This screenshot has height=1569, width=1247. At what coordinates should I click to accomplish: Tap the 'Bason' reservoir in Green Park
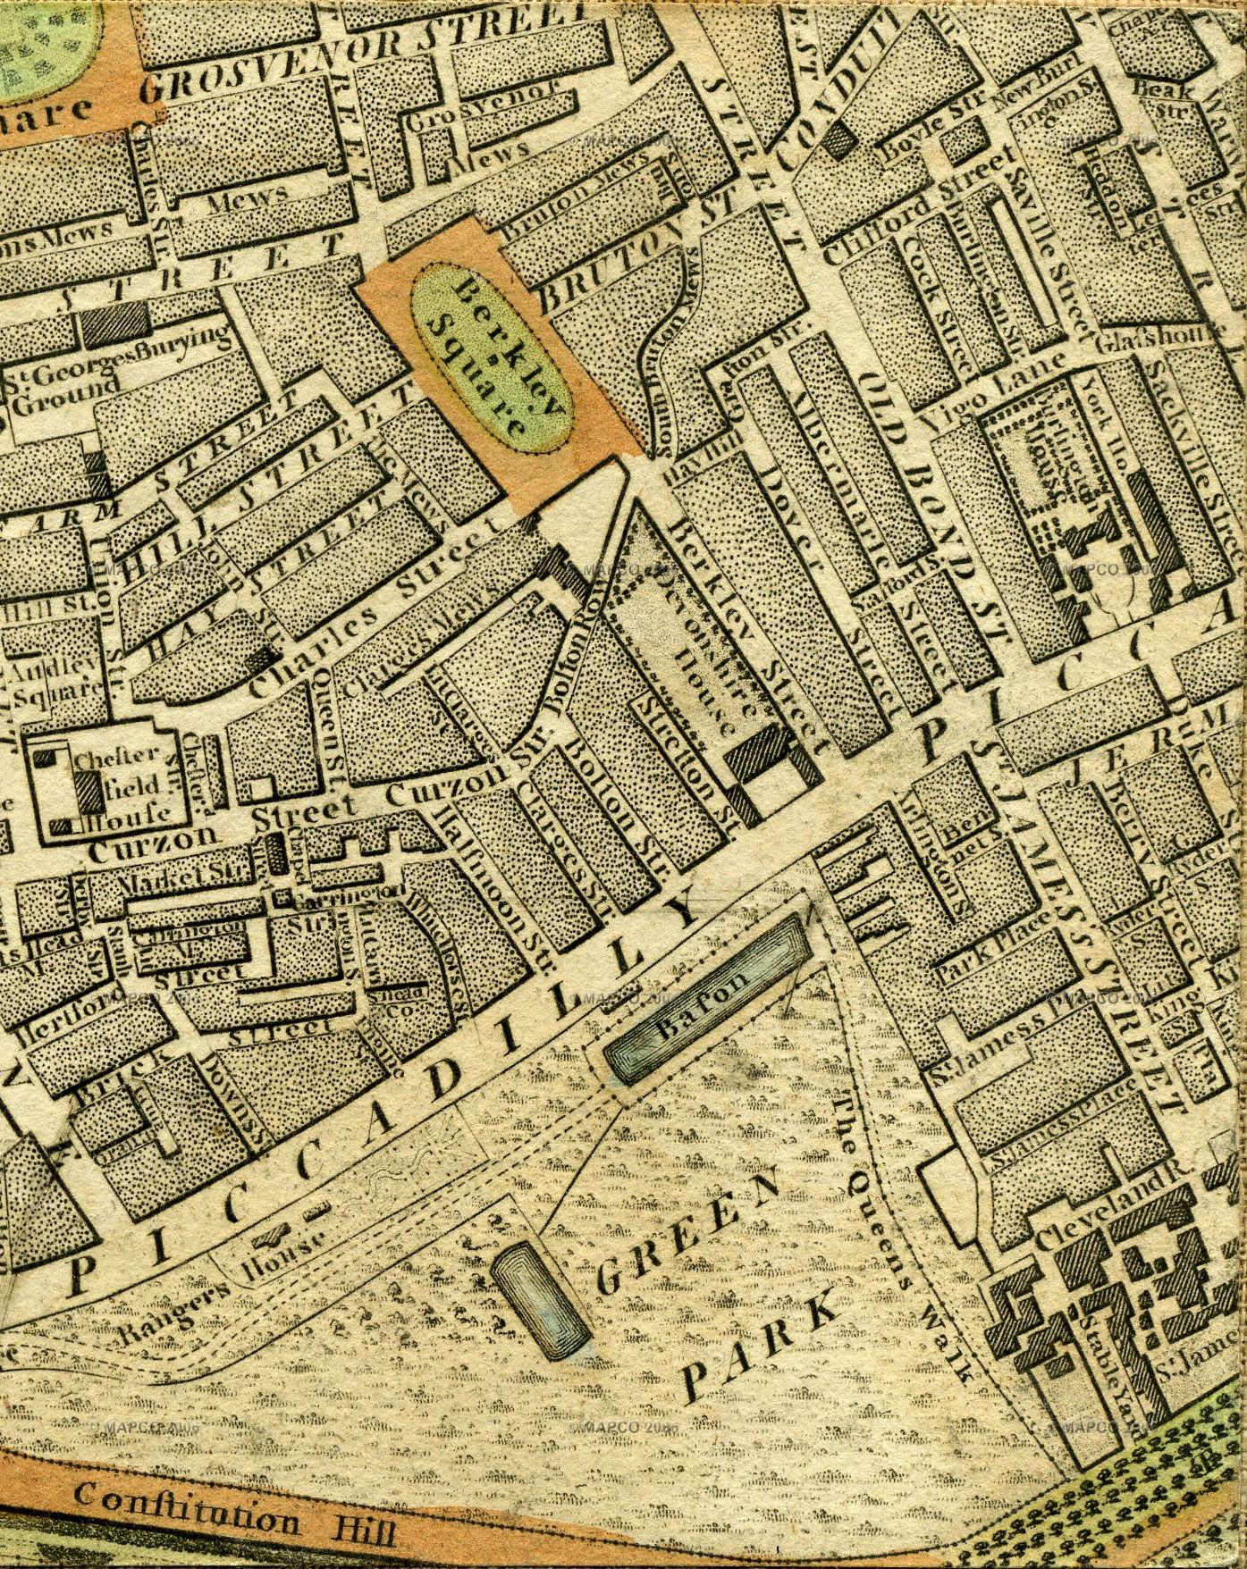(708, 998)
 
